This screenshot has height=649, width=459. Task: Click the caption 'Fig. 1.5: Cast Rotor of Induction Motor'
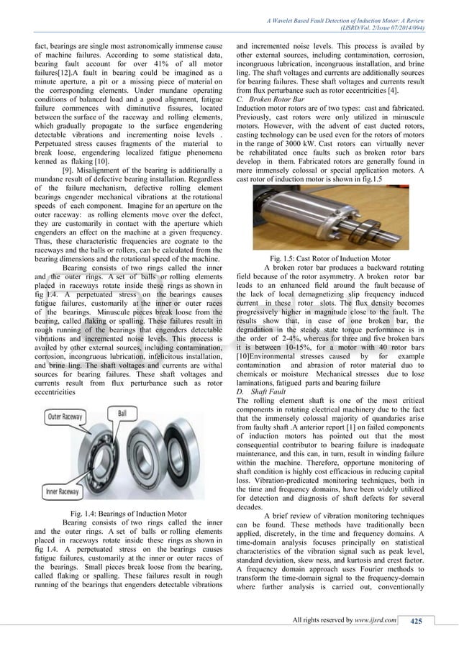pos(328,257)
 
